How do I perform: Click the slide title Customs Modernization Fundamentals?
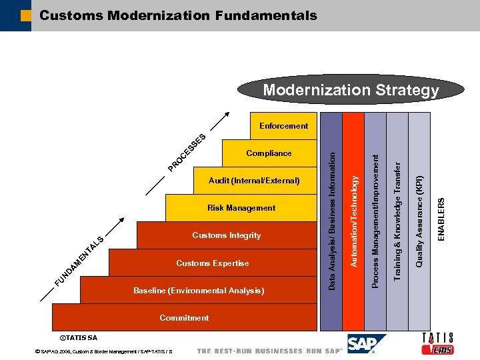pyautogui.click(x=178, y=15)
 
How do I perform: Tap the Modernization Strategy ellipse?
pyautogui.click(x=351, y=90)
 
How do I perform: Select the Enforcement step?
pyautogui.click(x=283, y=125)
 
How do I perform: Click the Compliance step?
pyautogui.click(x=269, y=153)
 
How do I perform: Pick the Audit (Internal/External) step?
pyautogui.click(x=254, y=181)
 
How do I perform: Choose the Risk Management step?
pyautogui.click(x=241, y=208)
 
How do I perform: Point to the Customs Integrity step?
pyautogui.click(x=227, y=235)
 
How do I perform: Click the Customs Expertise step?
pyautogui.click(x=213, y=263)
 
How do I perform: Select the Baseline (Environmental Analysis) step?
pyautogui.click(x=199, y=291)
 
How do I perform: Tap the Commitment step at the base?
pyautogui.click(x=184, y=318)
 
